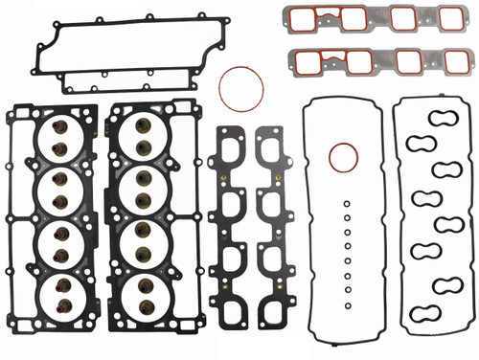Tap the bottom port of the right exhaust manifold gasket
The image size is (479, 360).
(271, 287)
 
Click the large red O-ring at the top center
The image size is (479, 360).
(240, 89)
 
